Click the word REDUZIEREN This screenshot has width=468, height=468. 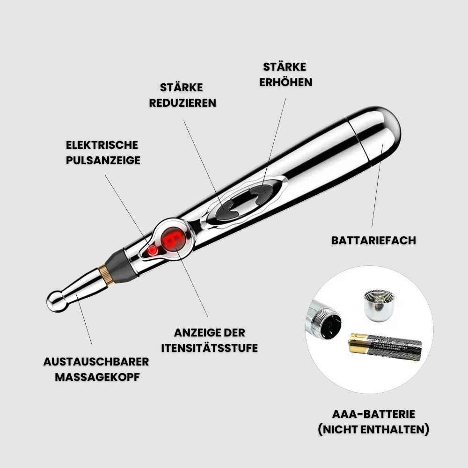(183, 103)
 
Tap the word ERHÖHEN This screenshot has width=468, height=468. (285, 82)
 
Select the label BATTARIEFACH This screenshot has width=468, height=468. (373, 241)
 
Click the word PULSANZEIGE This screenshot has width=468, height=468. (103, 160)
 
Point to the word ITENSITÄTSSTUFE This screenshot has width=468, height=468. (209, 348)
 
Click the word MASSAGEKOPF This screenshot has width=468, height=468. (97, 377)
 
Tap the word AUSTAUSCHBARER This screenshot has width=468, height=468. (96, 362)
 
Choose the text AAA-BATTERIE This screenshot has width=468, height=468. (373, 414)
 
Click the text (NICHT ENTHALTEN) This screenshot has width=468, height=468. (373, 430)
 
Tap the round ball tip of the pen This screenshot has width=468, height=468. (56, 302)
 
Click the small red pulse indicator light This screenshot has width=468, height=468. (153, 250)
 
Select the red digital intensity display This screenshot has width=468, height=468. (174, 239)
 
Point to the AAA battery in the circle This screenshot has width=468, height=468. (385, 347)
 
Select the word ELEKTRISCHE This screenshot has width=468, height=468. (102, 145)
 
